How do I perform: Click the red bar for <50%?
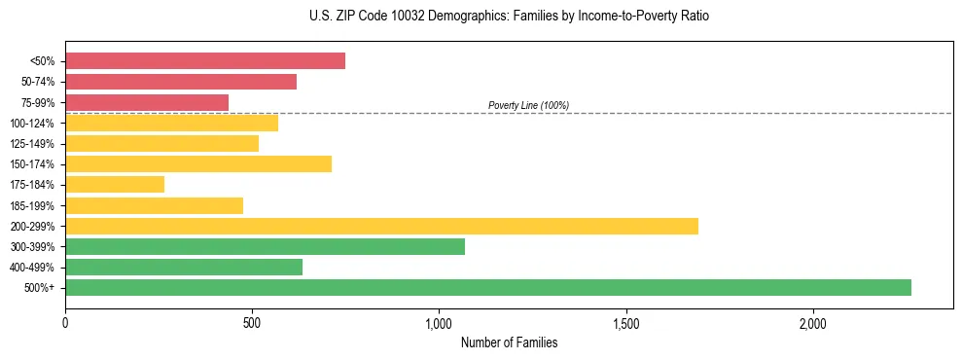205,61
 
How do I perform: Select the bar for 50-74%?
181,82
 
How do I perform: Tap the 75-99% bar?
147,102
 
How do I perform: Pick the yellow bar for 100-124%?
171,123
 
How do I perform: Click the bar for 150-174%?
198,163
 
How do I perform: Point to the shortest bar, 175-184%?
115,184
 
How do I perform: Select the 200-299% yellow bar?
381,226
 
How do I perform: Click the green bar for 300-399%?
265,246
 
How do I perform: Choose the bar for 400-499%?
184,267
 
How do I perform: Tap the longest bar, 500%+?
488,287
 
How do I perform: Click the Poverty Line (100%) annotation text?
528,105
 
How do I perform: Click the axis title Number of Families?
509,342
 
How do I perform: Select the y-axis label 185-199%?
32,205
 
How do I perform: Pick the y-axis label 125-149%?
32,144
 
